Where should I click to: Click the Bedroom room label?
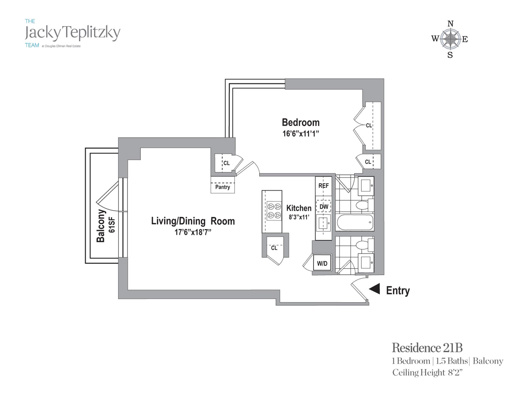(x=301, y=122)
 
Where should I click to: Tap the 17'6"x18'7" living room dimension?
(x=193, y=233)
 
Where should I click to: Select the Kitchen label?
(x=299, y=208)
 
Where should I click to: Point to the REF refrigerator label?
(x=323, y=186)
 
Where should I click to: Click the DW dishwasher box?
(x=324, y=207)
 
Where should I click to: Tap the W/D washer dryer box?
(x=322, y=263)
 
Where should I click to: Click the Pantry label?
(x=223, y=187)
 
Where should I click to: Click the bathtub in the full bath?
(x=355, y=222)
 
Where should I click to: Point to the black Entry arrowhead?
(x=375, y=289)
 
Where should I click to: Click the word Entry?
(x=398, y=291)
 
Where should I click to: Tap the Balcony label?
(x=101, y=226)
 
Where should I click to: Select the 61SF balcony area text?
(x=112, y=225)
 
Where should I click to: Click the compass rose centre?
(x=450, y=39)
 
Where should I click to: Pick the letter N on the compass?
(x=450, y=24)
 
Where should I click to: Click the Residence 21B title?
(x=427, y=348)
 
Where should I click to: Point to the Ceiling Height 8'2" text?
(x=427, y=373)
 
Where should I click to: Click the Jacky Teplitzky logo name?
(x=72, y=33)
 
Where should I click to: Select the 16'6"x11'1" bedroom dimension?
(x=301, y=134)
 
